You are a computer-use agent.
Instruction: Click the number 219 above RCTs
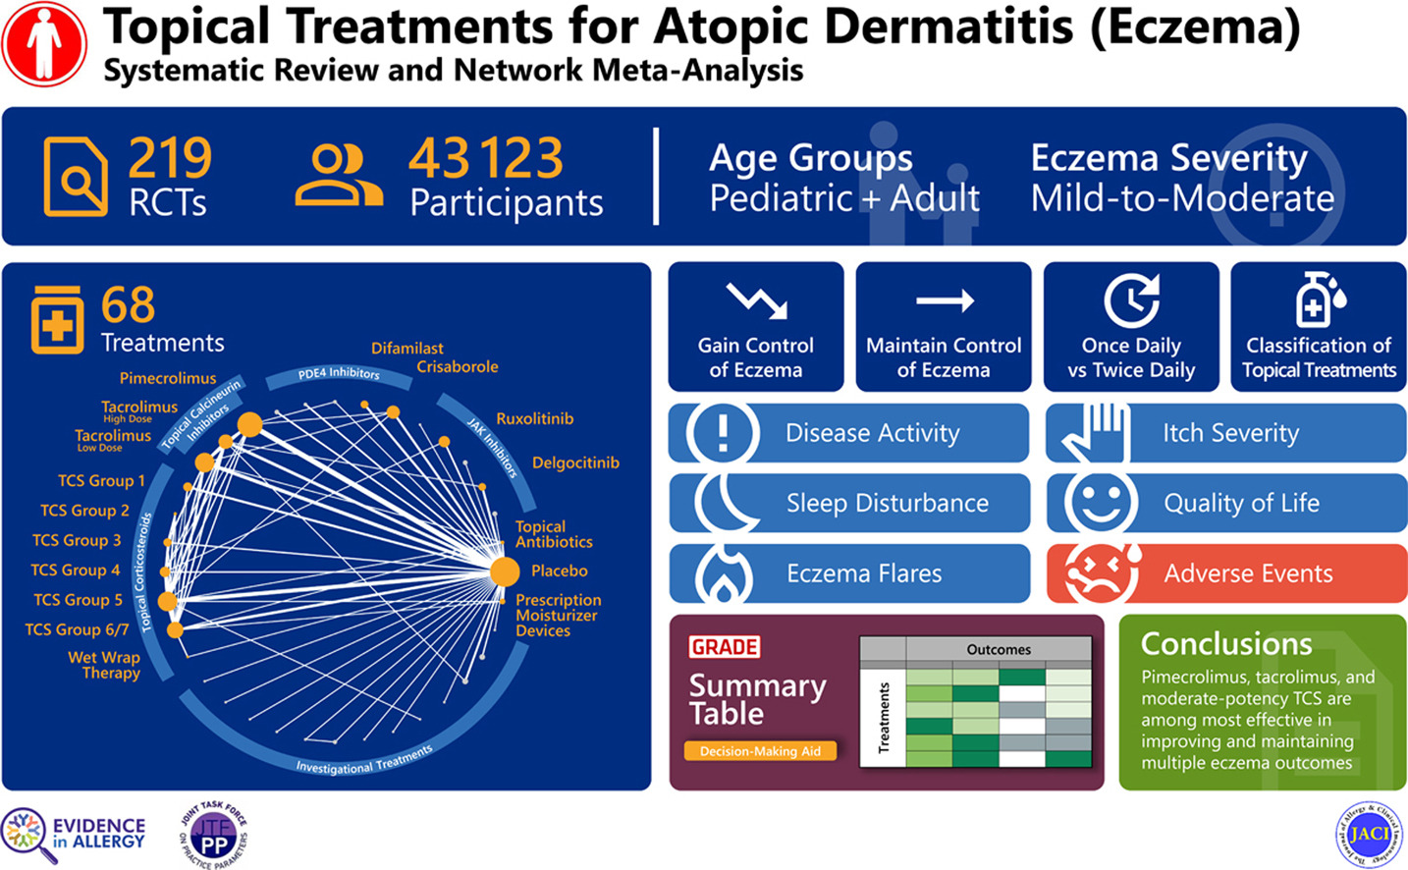pos(170,157)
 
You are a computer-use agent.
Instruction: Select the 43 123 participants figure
pos(486,158)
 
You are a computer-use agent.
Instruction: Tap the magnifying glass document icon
pos(76,178)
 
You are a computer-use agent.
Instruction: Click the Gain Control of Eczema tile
pos(756,327)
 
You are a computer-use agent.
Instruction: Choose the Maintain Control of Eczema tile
pos(944,327)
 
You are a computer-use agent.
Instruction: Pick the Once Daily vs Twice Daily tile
pos(1131,327)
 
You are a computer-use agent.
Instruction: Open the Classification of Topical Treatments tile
pos(1319,327)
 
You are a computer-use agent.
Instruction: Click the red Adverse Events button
pos(1226,573)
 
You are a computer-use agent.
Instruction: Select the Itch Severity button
pos(1226,433)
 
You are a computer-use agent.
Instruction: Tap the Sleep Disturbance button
pos(850,504)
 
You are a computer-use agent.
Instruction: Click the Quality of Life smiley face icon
pos(1100,503)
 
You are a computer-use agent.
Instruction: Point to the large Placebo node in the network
pos(505,571)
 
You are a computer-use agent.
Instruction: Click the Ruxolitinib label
pos(534,418)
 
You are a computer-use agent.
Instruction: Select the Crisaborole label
pos(457,367)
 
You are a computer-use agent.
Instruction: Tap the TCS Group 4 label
pos(76,571)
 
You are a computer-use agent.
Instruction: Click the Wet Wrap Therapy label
pos(105,665)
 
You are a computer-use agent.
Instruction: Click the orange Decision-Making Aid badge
pos(760,751)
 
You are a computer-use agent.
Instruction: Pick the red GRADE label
pos(725,647)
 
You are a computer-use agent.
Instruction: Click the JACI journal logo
pos(1369,835)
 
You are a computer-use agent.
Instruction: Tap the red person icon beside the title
pos(44,44)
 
